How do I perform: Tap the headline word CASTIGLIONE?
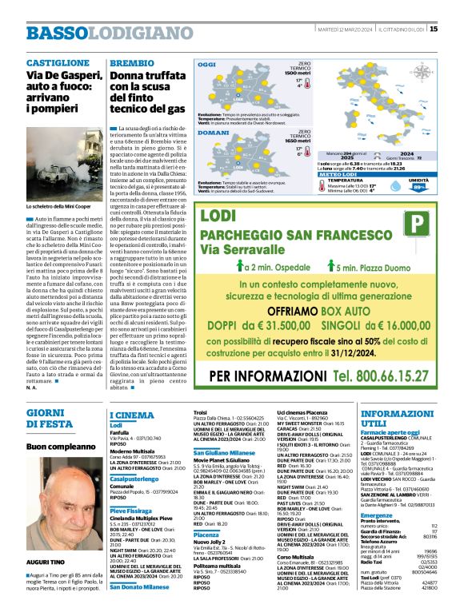point(55,62)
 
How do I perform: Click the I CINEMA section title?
point(132,415)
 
